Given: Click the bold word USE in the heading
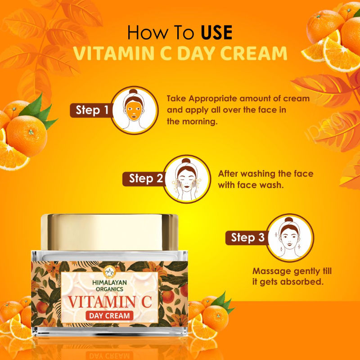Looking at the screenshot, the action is [x=216, y=32].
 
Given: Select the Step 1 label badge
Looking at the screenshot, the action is [x=92, y=110].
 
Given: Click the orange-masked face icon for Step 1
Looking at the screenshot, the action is [x=135, y=110].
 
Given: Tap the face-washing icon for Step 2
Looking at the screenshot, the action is [x=187, y=179].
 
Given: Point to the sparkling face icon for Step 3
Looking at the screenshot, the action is [x=290, y=238].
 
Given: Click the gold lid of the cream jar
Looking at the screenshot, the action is [x=109, y=232].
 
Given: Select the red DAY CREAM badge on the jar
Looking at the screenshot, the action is [x=109, y=316].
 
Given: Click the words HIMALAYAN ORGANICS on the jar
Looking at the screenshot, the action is [x=109, y=285].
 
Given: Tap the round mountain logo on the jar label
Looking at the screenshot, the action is [x=109, y=272].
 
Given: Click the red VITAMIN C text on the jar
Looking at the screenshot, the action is [x=109, y=301].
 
